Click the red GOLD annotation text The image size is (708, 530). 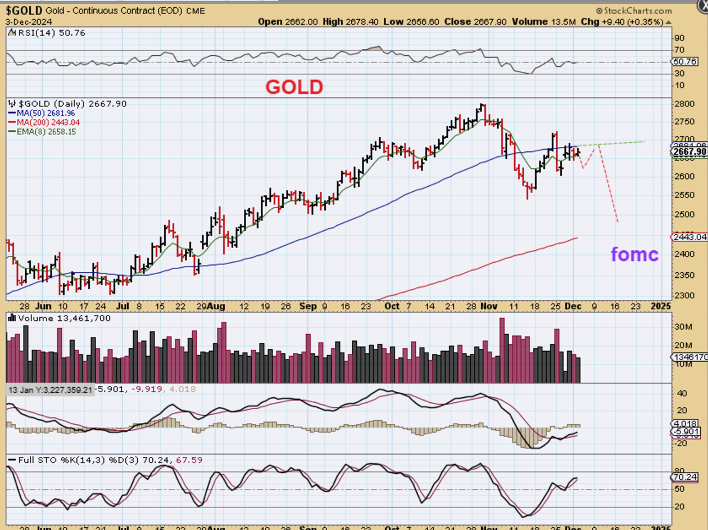point(294,87)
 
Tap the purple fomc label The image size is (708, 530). point(634,254)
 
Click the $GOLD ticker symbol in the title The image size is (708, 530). point(24,10)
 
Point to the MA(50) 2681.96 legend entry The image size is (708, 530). point(43,113)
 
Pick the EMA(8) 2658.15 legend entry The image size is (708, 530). point(43,132)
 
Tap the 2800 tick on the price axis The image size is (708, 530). point(684,104)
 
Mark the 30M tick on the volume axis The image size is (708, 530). point(683,326)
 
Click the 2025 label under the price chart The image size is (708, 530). point(661,306)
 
